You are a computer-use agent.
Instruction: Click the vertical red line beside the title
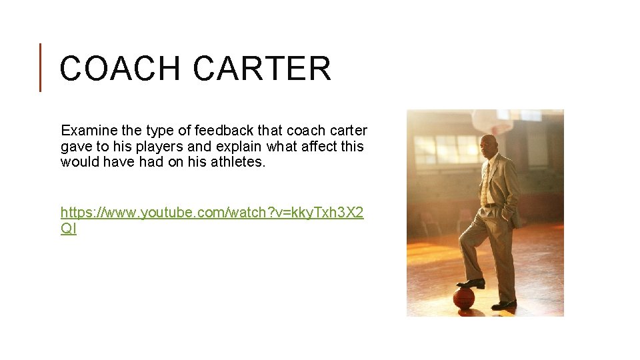pyautogui.click(x=40, y=67)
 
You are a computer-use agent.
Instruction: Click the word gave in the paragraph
pyautogui.click(x=75, y=146)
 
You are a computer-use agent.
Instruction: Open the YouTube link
pyautogui.click(x=212, y=213)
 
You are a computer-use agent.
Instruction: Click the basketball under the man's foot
pyautogui.click(x=464, y=297)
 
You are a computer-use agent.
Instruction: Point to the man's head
pyautogui.click(x=489, y=144)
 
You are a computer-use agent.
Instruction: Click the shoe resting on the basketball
pyautogui.click(x=472, y=283)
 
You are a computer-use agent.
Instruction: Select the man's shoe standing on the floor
pyautogui.click(x=504, y=304)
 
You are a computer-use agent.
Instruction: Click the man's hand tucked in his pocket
pyautogui.click(x=509, y=214)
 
